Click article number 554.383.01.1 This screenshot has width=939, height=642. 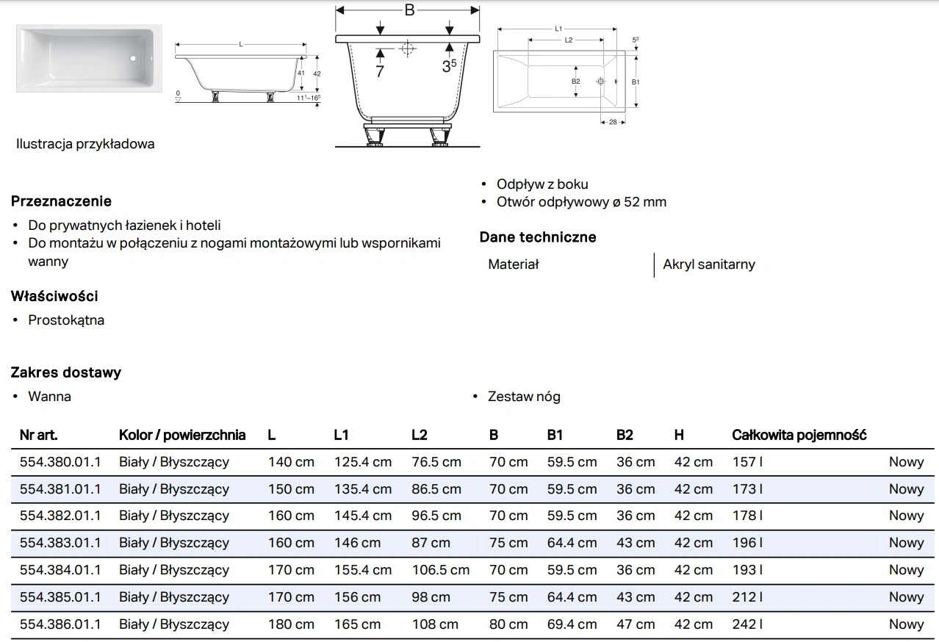click(60, 543)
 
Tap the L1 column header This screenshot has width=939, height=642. click(341, 436)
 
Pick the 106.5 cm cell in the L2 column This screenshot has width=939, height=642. click(440, 570)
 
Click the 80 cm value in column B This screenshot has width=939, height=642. click(508, 624)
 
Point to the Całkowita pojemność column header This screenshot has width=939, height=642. click(799, 436)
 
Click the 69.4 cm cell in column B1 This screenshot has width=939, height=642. click(572, 624)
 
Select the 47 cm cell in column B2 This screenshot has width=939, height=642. click(636, 624)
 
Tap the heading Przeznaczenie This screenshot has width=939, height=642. click(61, 201)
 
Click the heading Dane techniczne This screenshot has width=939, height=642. click(538, 237)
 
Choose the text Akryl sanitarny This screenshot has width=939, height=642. click(709, 264)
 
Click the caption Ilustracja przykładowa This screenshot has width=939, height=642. click(85, 144)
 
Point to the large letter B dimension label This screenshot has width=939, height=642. click(409, 10)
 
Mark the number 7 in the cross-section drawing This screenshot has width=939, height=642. click(379, 71)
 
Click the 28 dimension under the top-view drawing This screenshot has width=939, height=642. click(613, 122)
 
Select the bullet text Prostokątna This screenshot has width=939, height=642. click(66, 320)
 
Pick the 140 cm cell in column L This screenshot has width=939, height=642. click(291, 462)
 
